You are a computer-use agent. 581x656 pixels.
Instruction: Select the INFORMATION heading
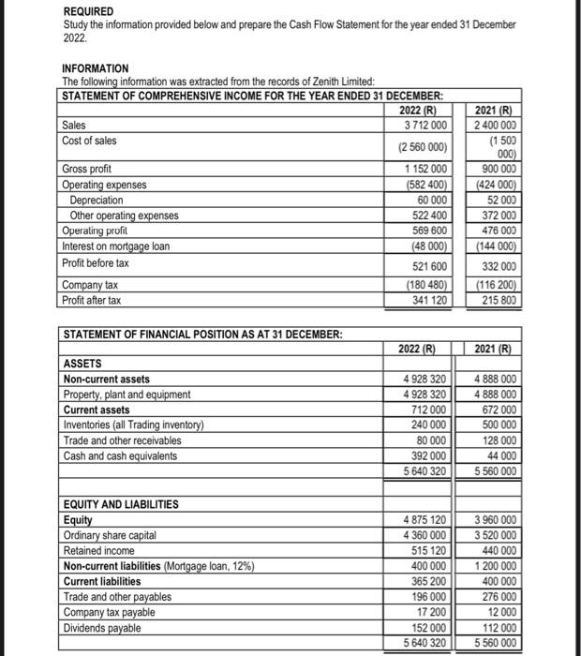click(x=96, y=69)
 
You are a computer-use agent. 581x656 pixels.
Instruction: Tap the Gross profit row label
click(x=87, y=170)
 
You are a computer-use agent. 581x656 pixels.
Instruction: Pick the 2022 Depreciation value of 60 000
click(x=433, y=200)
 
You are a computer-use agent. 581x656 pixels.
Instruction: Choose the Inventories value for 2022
click(x=429, y=425)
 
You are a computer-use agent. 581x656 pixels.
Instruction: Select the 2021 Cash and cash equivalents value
click(x=498, y=455)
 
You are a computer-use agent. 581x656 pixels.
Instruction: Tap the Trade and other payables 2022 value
click(x=429, y=597)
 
